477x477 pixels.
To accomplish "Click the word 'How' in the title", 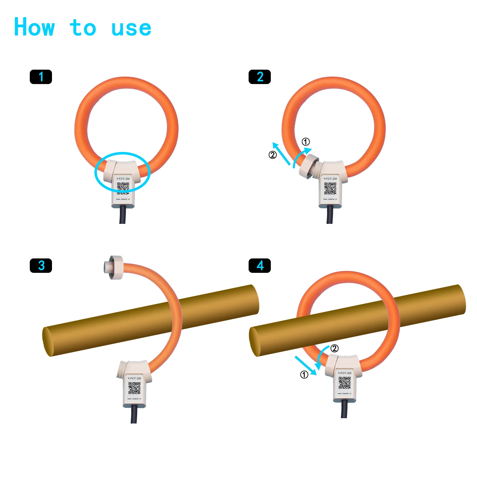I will pos(34,27).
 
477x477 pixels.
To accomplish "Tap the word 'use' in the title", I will pos(131,28).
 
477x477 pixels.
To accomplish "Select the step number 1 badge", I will pos(41,77).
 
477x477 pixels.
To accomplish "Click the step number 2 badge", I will pos(259,77).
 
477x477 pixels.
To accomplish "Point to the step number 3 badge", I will pos(41,266).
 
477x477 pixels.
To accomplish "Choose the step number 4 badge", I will pos(259,266).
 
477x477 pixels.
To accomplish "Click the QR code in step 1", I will pos(123,188).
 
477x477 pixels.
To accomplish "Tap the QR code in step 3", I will pos(134,388).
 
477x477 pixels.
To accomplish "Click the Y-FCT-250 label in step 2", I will pos(330,179).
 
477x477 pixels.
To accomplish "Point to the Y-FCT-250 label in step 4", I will pos(344,373).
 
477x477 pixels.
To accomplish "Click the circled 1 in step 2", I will pos(306,142).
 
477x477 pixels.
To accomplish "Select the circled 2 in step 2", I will pos(273,155).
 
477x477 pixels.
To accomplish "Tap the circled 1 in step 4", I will pos(304,375).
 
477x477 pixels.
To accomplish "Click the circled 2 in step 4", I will pos(334,349).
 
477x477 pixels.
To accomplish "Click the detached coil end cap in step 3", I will pos(114,268).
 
